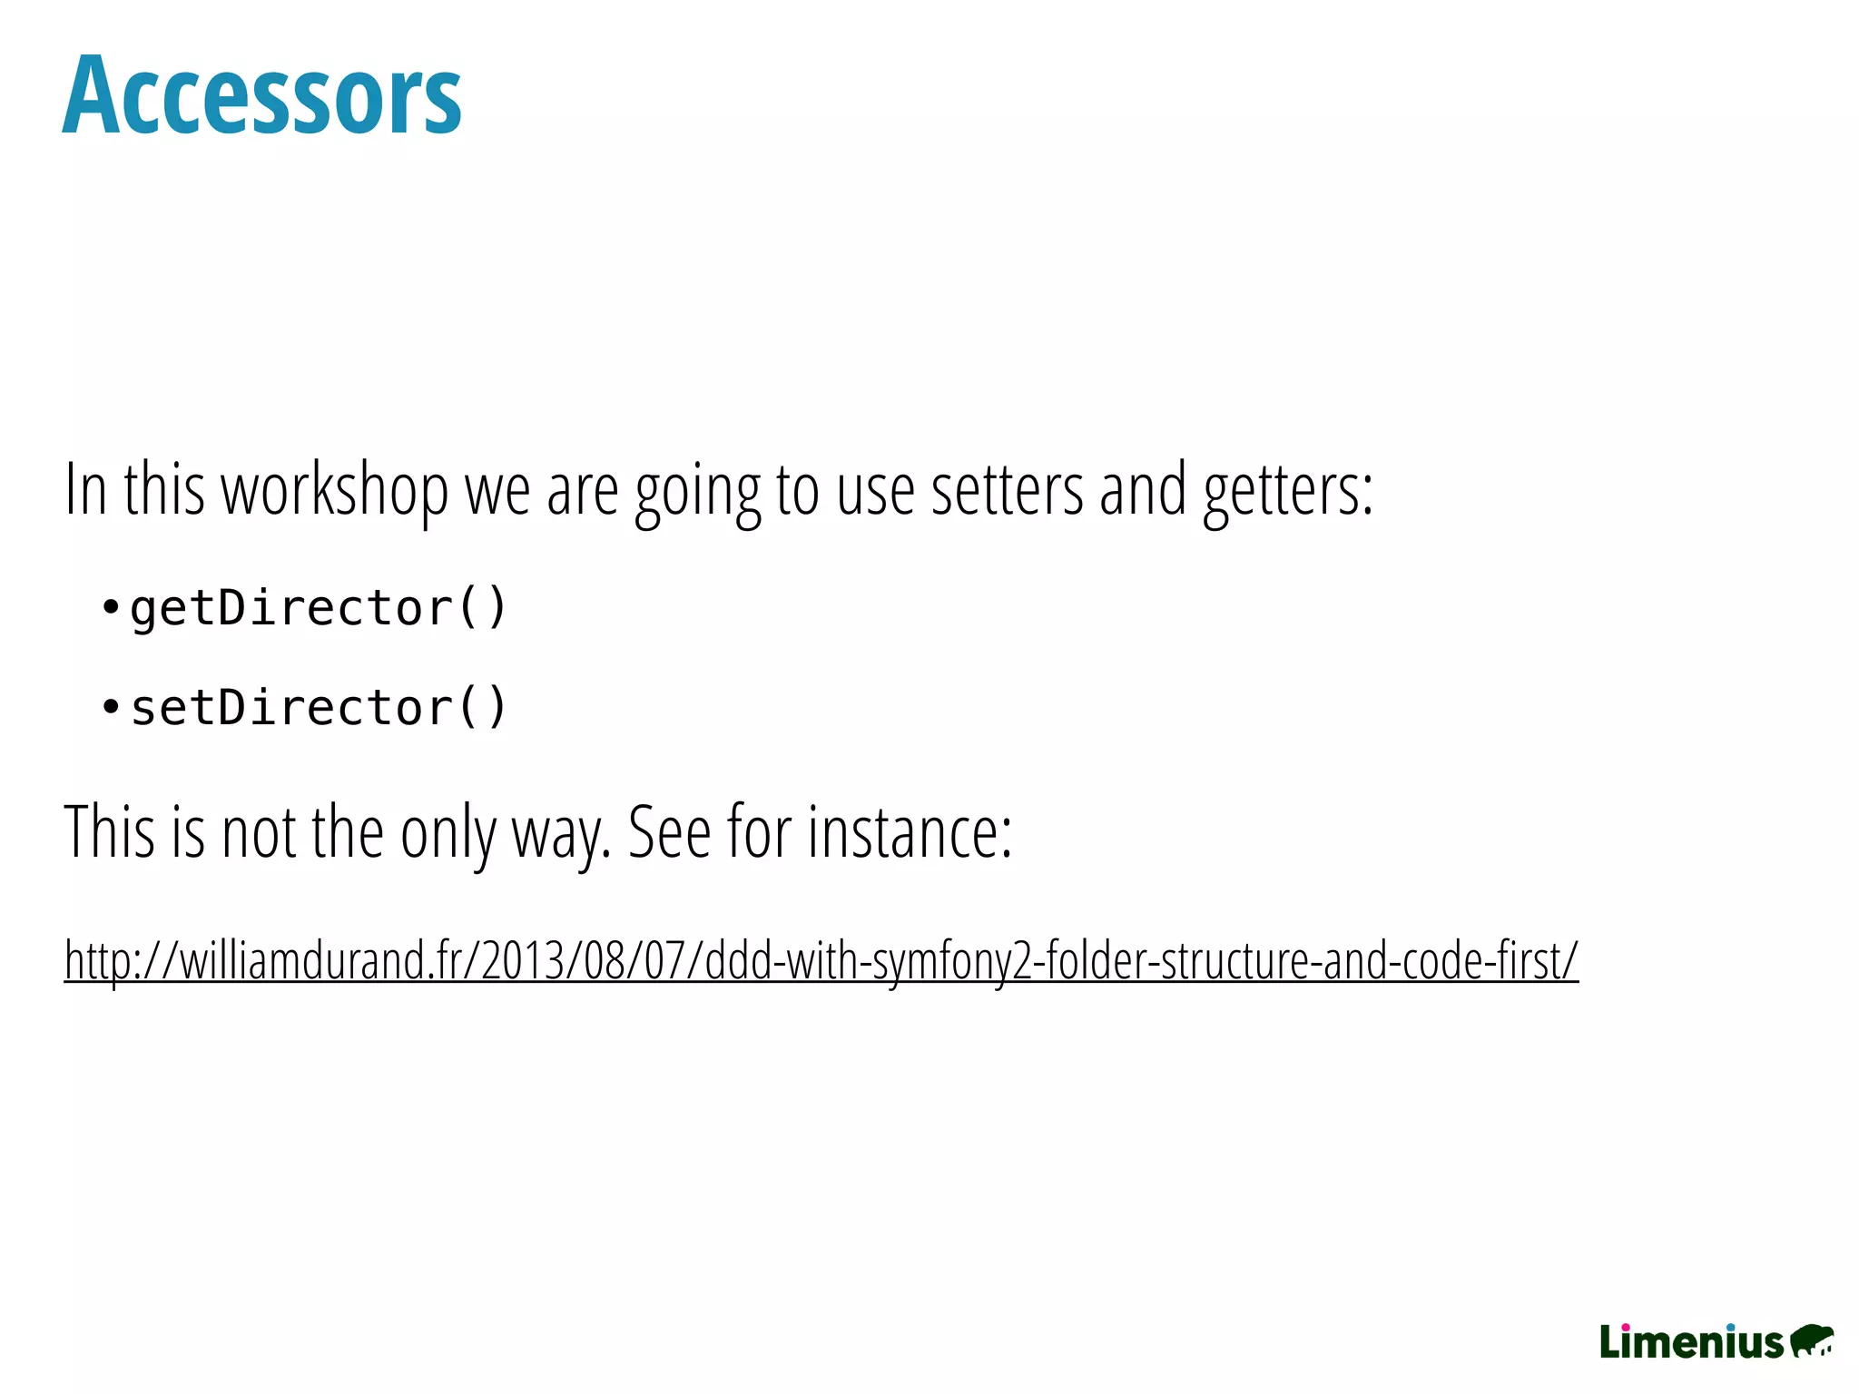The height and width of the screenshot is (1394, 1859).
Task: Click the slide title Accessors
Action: click(261, 96)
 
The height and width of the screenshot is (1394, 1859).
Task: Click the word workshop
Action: click(335, 491)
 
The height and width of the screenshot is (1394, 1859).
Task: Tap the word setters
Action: click(1007, 491)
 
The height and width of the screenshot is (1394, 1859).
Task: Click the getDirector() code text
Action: click(318, 607)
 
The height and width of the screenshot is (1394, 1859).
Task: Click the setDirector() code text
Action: click(318, 707)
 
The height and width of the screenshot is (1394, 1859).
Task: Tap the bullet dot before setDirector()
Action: click(110, 706)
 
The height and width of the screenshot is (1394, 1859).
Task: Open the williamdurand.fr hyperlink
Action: click(821, 960)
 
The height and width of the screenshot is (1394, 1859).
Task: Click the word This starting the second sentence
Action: click(109, 831)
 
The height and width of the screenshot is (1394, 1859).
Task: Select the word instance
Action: click(909, 831)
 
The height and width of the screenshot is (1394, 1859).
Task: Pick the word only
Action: click(448, 833)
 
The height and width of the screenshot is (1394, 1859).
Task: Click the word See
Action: click(669, 831)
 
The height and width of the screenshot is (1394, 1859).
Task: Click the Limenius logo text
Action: click(1690, 1342)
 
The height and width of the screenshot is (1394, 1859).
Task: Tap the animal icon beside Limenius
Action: click(1812, 1340)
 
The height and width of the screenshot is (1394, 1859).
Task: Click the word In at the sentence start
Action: click(86, 491)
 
